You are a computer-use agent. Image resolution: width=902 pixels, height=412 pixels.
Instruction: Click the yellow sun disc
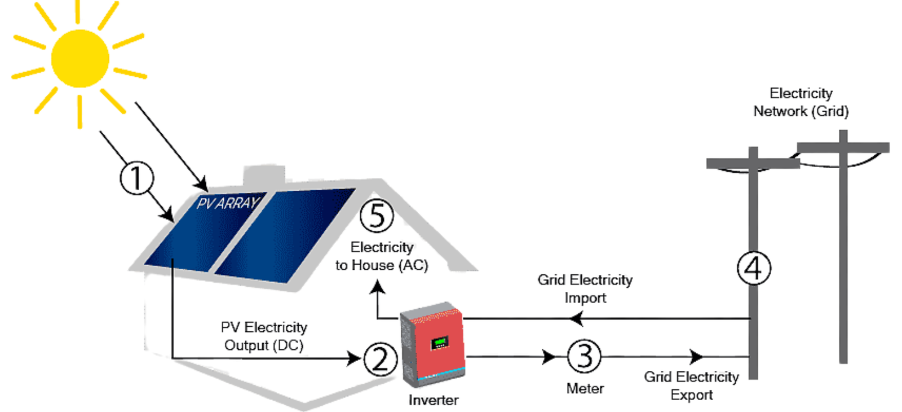(x=79, y=59)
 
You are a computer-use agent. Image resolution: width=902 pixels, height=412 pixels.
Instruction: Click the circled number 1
(x=136, y=178)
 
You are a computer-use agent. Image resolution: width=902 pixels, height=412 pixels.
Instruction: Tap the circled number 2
(x=380, y=359)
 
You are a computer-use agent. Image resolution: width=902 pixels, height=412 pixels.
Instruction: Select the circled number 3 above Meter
(x=584, y=356)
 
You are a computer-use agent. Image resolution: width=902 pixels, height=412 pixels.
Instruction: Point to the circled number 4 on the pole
(x=754, y=268)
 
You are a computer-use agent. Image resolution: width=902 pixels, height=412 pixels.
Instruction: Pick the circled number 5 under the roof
(x=377, y=216)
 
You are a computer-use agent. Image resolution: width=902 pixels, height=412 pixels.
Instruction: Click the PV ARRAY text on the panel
(x=227, y=203)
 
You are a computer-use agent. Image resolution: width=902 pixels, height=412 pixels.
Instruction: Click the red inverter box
(x=437, y=344)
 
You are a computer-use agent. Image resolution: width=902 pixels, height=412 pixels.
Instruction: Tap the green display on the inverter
(x=440, y=342)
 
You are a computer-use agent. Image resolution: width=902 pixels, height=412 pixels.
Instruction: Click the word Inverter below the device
(x=433, y=400)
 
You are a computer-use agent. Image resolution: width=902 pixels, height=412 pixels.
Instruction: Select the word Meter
(x=585, y=388)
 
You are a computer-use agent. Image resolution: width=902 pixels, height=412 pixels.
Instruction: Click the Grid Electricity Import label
(x=585, y=288)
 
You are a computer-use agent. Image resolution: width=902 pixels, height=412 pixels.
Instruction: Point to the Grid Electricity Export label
(x=691, y=385)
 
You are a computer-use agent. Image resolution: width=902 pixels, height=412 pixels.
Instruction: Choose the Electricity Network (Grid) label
(x=801, y=102)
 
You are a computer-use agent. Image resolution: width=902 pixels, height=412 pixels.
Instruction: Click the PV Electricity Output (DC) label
(x=264, y=336)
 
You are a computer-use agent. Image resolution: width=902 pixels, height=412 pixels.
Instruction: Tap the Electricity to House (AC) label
(x=382, y=256)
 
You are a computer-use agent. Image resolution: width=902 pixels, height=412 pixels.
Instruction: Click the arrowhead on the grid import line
(x=576, y=319)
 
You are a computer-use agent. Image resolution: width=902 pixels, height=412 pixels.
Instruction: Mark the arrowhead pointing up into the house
(x=377, y=288)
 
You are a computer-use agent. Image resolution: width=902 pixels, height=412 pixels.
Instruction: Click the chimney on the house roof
(x=264, y=175)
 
